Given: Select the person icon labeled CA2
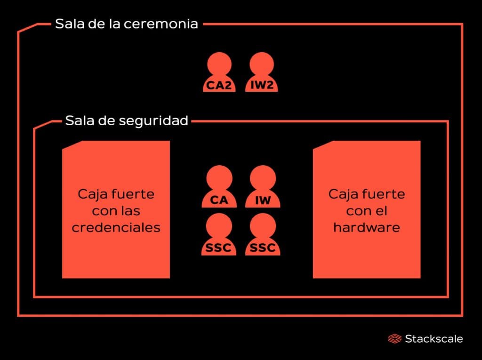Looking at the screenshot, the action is (219, 72).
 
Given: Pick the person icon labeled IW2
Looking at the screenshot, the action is (262, 72).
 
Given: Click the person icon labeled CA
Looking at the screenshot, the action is (219, 187).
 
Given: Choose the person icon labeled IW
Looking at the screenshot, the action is (263, 187).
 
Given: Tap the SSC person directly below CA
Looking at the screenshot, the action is (219, 234).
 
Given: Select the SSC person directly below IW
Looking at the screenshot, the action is (263, 234).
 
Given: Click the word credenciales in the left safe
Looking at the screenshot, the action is (116, 227).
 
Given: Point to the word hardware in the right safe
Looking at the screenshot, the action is (367, 227).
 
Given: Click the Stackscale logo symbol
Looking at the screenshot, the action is (395, 339).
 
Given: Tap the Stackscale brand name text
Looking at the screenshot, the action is (434, 339).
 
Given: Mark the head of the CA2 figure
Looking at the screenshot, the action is (219, 64).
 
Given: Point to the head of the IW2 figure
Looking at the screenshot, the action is (262, 64).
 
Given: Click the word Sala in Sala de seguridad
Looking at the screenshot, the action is (79, 120).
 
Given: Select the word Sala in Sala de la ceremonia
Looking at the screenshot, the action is (69, 24).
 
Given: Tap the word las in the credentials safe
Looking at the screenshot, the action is (129, 211).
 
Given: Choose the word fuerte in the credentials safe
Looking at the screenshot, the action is (133, 194).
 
